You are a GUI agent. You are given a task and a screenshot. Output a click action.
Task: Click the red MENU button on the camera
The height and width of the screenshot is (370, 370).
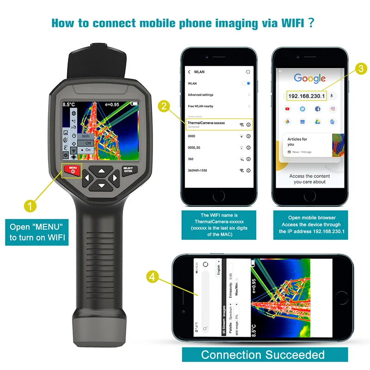73,170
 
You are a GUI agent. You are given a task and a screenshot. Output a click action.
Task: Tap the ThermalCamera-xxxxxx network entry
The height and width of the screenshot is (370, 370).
206,123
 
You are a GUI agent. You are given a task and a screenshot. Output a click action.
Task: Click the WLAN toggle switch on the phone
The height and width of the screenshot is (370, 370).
246,83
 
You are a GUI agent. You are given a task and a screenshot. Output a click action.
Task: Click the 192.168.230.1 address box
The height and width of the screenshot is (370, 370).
307,96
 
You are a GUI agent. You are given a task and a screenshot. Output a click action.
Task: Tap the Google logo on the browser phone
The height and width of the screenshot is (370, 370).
309,78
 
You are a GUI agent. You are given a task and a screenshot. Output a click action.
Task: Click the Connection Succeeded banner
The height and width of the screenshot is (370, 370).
262,355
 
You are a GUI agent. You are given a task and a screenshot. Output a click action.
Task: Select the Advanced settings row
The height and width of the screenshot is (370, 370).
201,95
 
